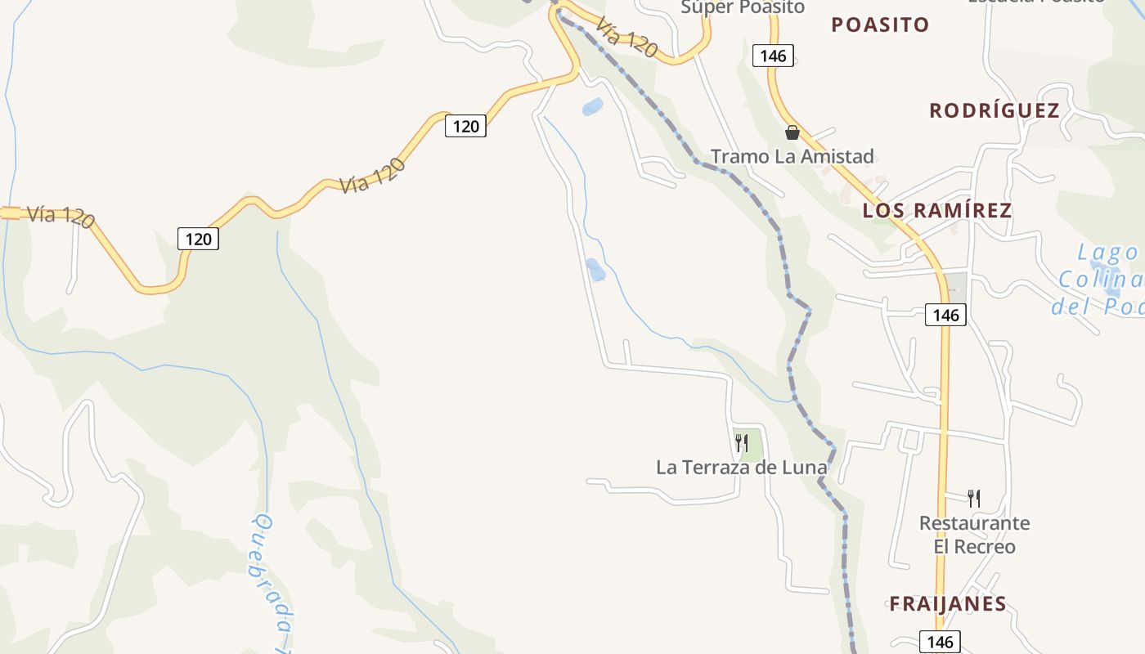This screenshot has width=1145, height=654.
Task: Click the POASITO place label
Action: pyautogui.click(x=880, y=25)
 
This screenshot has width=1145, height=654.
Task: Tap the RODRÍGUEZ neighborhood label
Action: pyautogui.click(x=994, y=111)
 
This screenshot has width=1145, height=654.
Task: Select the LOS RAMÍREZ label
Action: pyautogui.click(x=936, y=211)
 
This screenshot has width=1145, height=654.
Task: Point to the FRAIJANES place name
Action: pyautogui.click(x=947, y=605)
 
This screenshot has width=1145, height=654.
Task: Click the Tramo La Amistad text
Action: pyautogui.click(x=792, y=156)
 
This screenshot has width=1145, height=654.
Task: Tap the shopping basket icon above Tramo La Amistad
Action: pyautogui.click(x=792, y=132)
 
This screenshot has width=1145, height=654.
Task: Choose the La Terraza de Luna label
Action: pyautogui.click(x=741, y=468)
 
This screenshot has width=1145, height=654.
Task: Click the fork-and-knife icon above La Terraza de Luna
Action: pyautogui.click(x=741, y=443)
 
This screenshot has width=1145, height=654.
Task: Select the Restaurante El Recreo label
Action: pyautogui.click(x=974, y=535)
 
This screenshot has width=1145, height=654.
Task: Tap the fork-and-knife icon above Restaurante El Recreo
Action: pyautogui.click(x=973, y=498)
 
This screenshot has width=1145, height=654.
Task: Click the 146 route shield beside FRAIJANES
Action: pyautogui.click(x=940, y=642)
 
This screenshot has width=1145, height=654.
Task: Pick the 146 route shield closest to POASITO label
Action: pyautogui.click(x=773, y=56)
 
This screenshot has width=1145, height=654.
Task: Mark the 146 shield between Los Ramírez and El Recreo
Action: pyautogui.click(x=945, y=315)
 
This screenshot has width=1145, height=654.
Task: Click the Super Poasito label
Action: pyautogui.click(x=743, y=7)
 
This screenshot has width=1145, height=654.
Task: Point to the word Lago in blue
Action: pyautogui.click(x=1107, y=253)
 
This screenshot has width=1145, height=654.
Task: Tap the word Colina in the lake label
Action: pyautogui.click(x=1100, y=280)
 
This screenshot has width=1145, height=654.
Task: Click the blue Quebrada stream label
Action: pyautogui.click(x=275, y=580)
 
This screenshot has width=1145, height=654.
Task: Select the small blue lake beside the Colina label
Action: pyautogui.click(x=1112, y=291)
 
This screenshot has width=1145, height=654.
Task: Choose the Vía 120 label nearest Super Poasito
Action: pyautogui.click(x=626, y=38)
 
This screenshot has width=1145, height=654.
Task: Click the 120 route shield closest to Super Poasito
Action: pyautogui.click(x=465, y=126)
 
